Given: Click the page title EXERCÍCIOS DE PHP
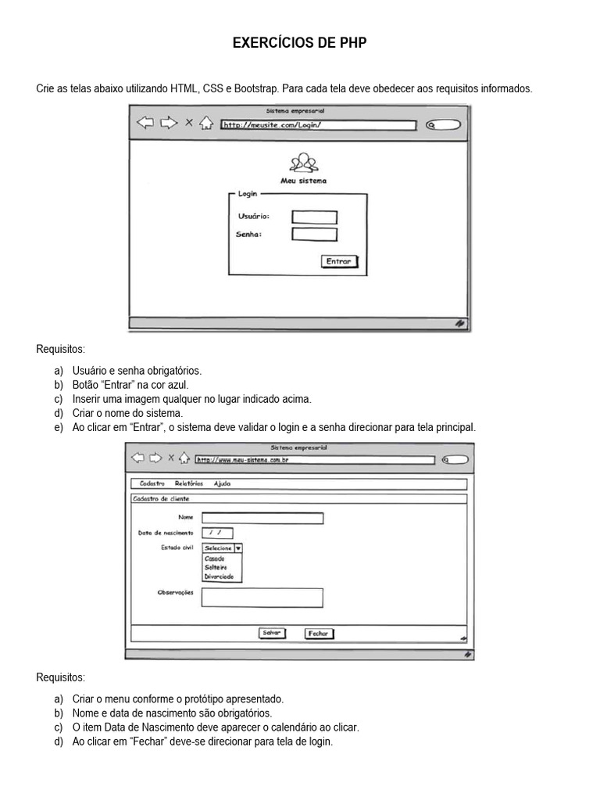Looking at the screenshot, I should pyautogui.click(x=299, y=44).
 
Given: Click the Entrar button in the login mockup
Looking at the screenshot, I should pyautogui.click(x=339, y=262).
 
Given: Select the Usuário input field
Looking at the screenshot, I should pyautogui.click(x=314, y=217).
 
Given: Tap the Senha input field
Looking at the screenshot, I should pyautogui.click(x=314, y=235).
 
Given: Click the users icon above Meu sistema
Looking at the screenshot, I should pyautogui.click(x=303, y=163).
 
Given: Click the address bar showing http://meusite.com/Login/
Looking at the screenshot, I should pyautogui.click(x=320, y=124).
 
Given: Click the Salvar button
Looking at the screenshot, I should pyautogui.click(x=272, y=633).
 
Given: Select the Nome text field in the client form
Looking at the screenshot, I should pyautogui.click(x=262, y=518).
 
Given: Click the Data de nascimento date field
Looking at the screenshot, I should pyautogui.click(x=217, y=533).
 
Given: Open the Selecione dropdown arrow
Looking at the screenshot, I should pyautogui.click(x=238, y=548).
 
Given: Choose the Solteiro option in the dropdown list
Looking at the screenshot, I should pyautogui.click(x=216, y=568).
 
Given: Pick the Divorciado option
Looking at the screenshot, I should pyautogui.click(x=219, y=577).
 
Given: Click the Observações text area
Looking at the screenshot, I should pyautogui.click(x=262, y=598).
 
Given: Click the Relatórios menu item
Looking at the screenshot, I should pyautogui.click(x=189, y=484).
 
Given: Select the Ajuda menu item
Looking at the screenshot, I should pyautogui.click(x=222, y=484).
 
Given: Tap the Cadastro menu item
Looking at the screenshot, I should pyautogui.click(x=152, y=484).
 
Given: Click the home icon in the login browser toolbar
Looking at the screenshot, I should pyautogui.click(x=206, y=123).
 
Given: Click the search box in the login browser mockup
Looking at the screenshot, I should pyautogui.click(x=444, y=125).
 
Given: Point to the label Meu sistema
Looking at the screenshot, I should pyautogui.click(x=303, y=181).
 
